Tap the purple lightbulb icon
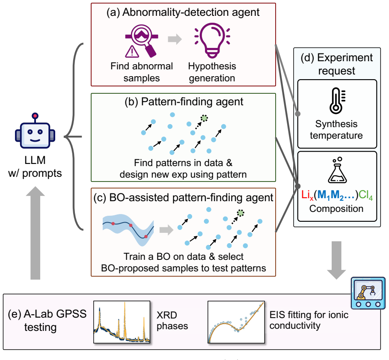pyautogui.click(x=212, y=40)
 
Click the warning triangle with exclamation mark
pyautogui.click(x=132, y=51)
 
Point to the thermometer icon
pyautogui.click(x=337, y=101)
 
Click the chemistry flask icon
pyautogui.click(x=337, y=170)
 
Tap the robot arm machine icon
pyautogui.click(x=368, y=293)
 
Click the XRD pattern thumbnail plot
pyautogui.click(x=122, y=322)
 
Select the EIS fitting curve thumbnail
pyautogui.click(x=236, y=322)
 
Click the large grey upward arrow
pyautogui.click(x=35, y=233)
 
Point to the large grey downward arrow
pyautogui.click(x=336, y=260)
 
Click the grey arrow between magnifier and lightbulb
pyautogui.click(x=175, y=39)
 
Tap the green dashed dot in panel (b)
pyautogui.click(x=204, y=118)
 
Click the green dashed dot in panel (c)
pyautogui.click(x=241, y=213)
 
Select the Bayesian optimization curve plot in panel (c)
pyautogui.click(x=128, y=230)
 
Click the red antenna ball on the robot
pyautogui.click(x=35, y=116)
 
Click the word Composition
pyautogui.click(x=336, y=208)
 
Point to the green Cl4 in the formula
pyautogui.click(x=365, y=195)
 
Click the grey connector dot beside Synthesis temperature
pyautogui.click(x=298, y=113)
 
